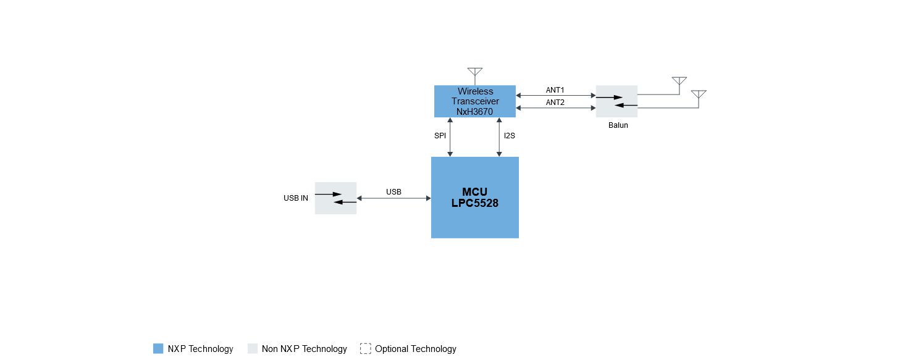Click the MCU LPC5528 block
tap(475, 198)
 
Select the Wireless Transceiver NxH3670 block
tap(475, 101)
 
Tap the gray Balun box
tap(616, 101)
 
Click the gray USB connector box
tap(335, 198)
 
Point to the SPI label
tap(440, 136)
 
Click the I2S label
tap(510, 136)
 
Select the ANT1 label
tap(555, 90)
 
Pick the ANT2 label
tap(555, 103)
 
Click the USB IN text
tap(296, 198)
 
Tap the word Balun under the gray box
tap(618, 125)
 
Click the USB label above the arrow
tap(393, 192)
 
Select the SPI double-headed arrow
tap(450, 137)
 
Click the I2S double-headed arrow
tap(499, 137)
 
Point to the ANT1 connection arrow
tap(556, 95)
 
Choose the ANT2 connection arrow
tap(556, 108)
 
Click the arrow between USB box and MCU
tap(393, 198)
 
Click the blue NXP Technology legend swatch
tap(158, 349)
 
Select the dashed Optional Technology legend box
tap(366, 349)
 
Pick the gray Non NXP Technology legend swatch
tap(253, 349)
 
